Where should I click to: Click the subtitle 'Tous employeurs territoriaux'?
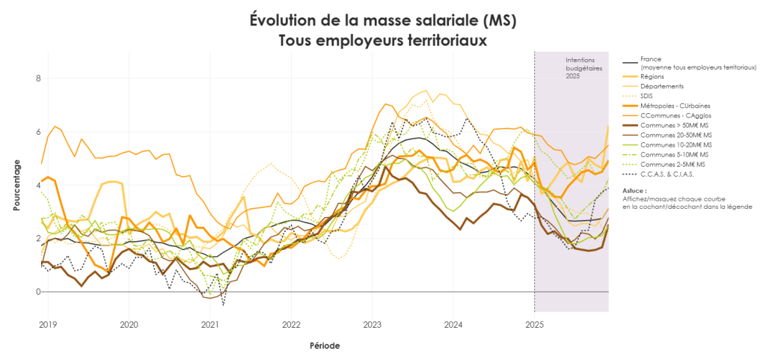point(382,40)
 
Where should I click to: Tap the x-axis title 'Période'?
point(325,346)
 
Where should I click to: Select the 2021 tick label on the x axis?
point(210,325)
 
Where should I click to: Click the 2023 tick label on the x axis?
point(373,325)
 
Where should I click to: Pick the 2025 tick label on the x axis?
point(534,325)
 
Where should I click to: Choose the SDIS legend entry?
point(647,96)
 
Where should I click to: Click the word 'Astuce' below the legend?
point(635,191)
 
